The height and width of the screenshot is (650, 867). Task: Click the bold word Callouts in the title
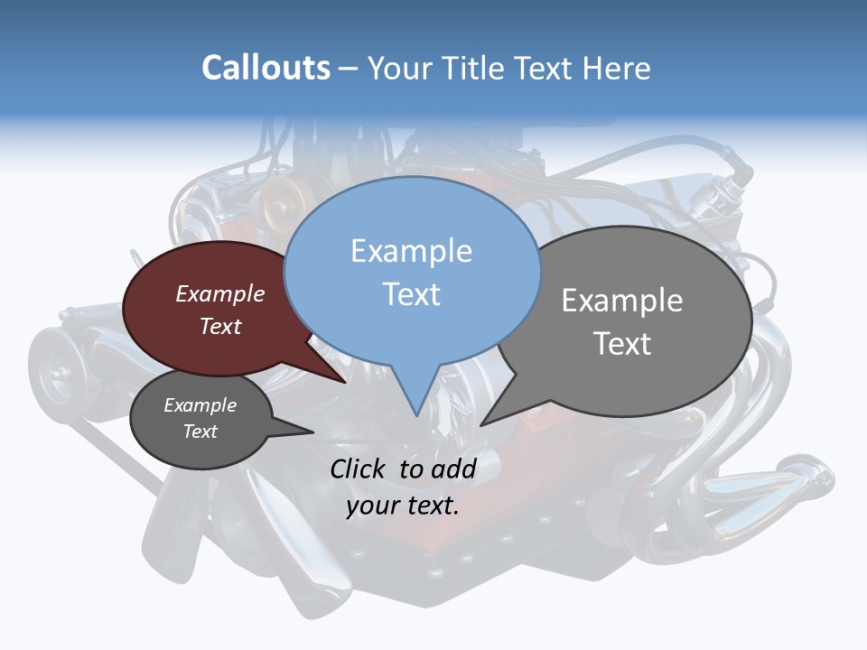(x=266, y=68)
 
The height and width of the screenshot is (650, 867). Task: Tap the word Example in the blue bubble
(x=411, y=251)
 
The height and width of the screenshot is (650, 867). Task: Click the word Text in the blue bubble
(x=411, y=294)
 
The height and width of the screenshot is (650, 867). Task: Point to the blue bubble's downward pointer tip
(x=416, y=414)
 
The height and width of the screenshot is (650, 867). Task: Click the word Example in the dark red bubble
(x=220, y=294)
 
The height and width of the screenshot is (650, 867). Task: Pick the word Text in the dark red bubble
(x=220, y=327)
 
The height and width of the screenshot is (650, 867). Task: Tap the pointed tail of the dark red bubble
(x=345, y=382)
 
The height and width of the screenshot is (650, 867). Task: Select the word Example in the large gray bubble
(x=622, y=301)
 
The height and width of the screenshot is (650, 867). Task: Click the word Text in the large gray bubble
(x=622, y=344)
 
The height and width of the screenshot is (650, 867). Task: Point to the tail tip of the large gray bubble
(x=482, y=424)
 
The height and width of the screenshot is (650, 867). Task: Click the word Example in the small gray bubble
(x=200, y=405)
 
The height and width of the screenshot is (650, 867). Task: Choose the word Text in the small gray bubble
(x=200, y=432)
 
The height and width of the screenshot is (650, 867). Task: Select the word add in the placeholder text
(x=453, y=469)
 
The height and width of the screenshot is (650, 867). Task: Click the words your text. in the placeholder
(x=403, y=506)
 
